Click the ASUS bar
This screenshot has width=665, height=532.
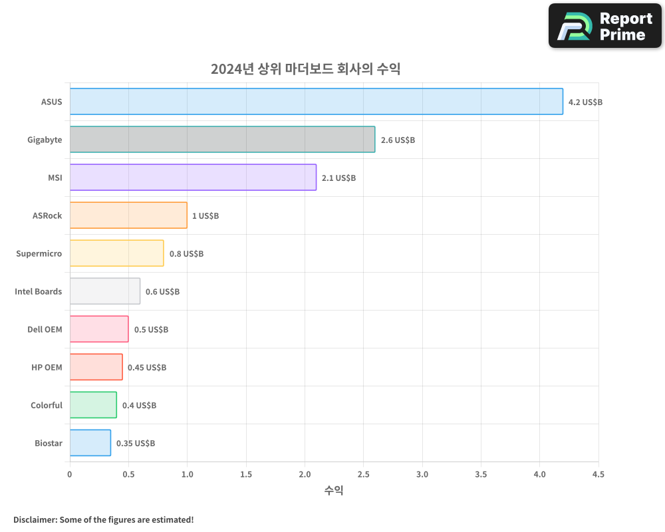(316, 102)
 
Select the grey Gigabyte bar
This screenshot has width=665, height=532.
(222, 140)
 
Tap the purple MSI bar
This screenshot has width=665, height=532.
(193, 178)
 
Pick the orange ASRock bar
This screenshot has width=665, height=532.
(128, 215)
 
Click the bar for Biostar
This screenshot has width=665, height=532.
(90, 443)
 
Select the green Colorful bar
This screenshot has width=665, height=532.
(93, 405)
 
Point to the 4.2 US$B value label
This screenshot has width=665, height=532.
(585, 102)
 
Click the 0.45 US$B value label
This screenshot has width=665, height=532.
(147, 367)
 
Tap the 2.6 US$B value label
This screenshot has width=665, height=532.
(398, 140)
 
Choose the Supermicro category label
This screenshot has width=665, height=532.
(39, 253)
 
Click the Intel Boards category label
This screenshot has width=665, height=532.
(39, 291)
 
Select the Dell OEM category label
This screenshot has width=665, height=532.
(45, 329)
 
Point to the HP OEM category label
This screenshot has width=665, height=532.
(47, 367)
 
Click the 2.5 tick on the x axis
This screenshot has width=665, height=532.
(363, 475)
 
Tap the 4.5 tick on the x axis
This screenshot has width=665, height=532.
(598, 475)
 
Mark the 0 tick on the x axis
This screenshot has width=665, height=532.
(70, 475)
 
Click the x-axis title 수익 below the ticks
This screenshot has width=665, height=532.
(334, 491)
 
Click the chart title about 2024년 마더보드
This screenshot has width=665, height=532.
(305, 68)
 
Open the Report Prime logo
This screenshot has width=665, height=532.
(605, 26)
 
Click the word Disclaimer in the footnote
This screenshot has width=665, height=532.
(34, 519)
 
